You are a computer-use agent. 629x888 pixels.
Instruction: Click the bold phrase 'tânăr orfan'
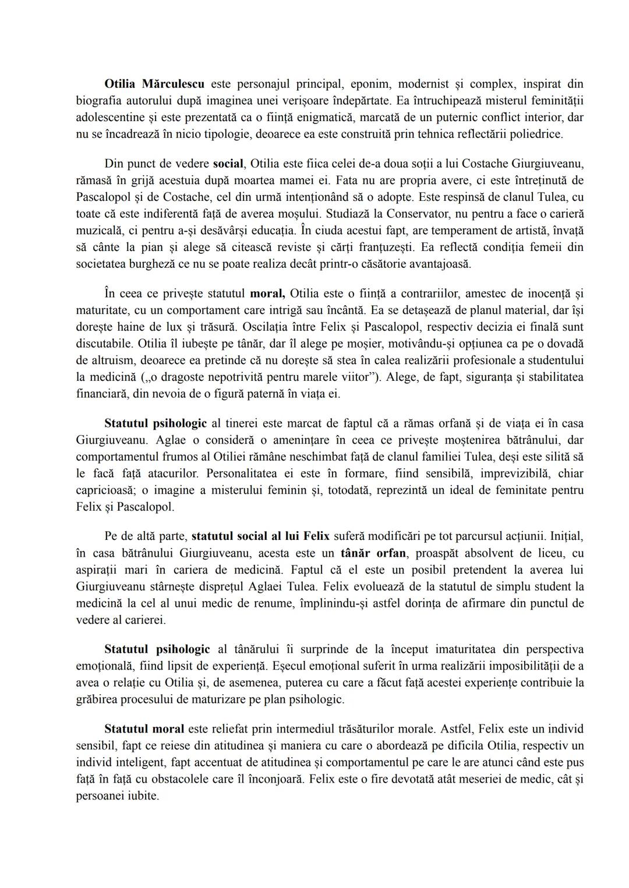click(373, 553)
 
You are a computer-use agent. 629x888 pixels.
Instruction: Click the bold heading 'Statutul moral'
click(144, 729)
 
